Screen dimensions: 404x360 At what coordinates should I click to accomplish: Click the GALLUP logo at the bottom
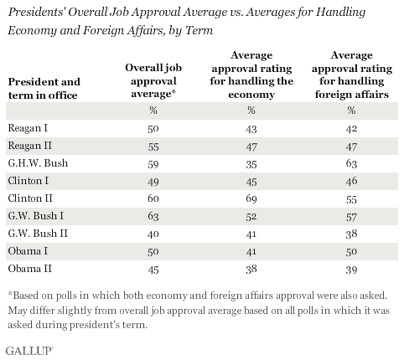pyautogui.click(x=29, y=351)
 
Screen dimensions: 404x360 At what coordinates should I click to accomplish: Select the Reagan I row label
pyautogui.click(x=28, y=128)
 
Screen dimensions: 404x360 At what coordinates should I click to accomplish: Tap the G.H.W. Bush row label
pyautogui.click(x=38, y=163)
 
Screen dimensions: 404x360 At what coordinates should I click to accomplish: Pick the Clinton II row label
pyautogui.click(x=30, y=198)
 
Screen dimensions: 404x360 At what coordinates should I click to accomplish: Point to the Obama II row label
pyautogui.click(x=30, y=269)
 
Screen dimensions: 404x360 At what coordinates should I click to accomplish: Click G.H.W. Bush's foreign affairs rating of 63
pyautogui.click(x=351, y=163)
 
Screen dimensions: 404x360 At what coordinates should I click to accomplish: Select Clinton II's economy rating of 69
pyautogui.click(x=251, y=198)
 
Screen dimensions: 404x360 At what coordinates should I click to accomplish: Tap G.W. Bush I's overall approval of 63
pyautogui.click(x=153, y=216)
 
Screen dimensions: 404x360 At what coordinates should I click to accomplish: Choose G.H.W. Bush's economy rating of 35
pyautogui.click(x=251, y=164)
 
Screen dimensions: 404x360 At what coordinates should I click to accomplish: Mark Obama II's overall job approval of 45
pyautogui.click(x=153, y=270)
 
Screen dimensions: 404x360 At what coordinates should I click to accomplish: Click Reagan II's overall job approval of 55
pyautogui.click(x=153, y=147)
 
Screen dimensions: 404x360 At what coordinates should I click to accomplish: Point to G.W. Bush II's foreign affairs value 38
pyautogui.click(x=351, y=234)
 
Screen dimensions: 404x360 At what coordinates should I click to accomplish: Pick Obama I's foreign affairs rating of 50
pyautogui.click(x=351, y=252)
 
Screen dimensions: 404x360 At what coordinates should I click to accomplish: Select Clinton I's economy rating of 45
pyautogui.click(x=251, y=182)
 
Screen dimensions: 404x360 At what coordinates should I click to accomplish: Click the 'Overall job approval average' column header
pyautogui.click(x=153, y=81)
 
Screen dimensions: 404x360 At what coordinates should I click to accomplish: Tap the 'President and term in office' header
pyautogui.click(x=44, y=88)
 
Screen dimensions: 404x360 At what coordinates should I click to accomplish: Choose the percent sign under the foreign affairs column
pyautogui.click(x=351, y=111)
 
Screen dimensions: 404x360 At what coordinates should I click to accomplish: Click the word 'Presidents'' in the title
pyautogui.click(x=36, y=13)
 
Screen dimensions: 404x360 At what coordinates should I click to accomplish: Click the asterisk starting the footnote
pyautogui.click(x=10, y=293)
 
